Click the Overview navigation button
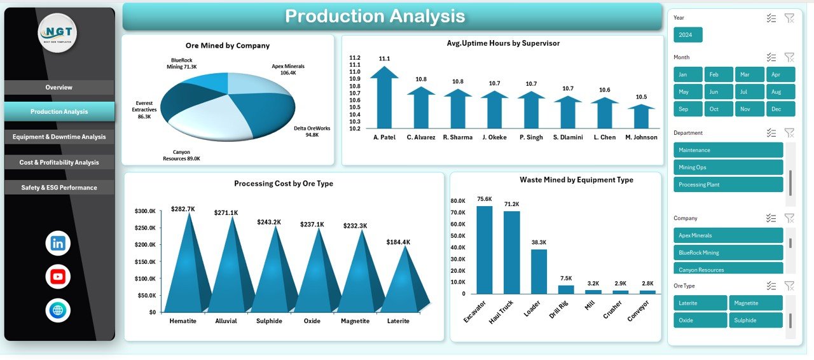pyautogui.click(x=59, y=87)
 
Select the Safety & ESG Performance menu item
pyautogui.click(x=59, y=188)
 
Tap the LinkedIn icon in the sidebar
pyautogui.click(x=58, y=243)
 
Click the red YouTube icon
pyautogui.click(x=58, y=277)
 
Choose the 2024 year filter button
pyautogui.click(x=687, y=35)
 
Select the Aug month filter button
pyautogui.click(x=780, y=92)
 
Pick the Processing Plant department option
pyautogui.click(x=728, y=184)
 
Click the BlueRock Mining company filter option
pyautogui.click(x=728, y=253)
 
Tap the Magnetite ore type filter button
pyautogui.click(x=755, y=303)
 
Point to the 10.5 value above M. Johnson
pyautogui.click(x=641, y=97)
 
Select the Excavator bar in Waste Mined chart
pyautogui.click(x=485, y=249)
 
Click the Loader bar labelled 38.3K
pyautogui.click(x=539, y=271)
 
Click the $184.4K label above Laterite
pyautogui.click(x=398, y=242)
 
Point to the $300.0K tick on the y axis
pyautogui.click(x=145, y=211)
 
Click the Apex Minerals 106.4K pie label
pyautogui.click(x=288, y=69)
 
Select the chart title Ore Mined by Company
pyautogui.click(x=228, y=46)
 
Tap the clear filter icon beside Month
pyautogui.click(x=789, y=57)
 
